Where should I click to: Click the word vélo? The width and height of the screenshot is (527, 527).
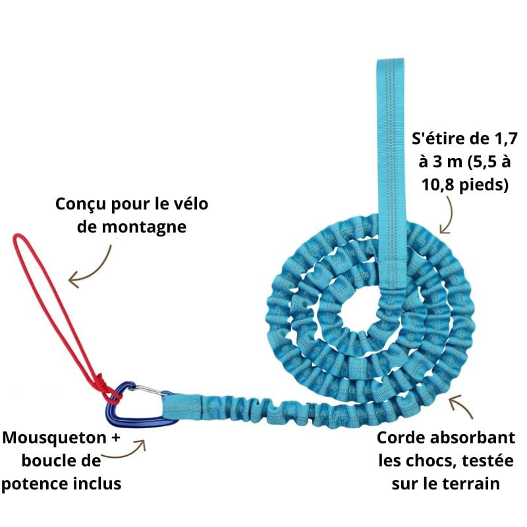[x=190, y=204]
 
